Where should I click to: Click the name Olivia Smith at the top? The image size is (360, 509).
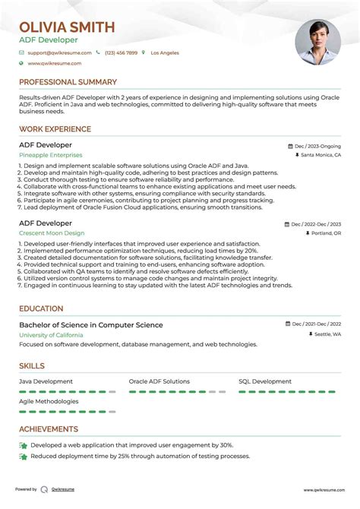point(67,27)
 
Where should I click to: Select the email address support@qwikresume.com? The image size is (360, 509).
point(59,52)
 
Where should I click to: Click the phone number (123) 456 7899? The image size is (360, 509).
point(121,52)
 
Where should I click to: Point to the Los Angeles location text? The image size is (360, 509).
point(165,52)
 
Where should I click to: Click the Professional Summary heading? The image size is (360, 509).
point(68,82)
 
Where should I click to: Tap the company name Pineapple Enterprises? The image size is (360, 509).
point(51,154)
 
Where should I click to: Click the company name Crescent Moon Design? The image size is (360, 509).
point(52,233)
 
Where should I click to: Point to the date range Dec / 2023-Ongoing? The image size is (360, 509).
point(317,145)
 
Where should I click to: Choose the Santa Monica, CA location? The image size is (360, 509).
point(321,154)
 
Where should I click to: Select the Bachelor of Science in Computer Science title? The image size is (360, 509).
point(90,325)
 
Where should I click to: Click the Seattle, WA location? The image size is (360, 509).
point(327,334)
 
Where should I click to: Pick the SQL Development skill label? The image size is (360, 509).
point(265,381)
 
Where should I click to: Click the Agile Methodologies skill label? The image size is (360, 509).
point(49,401)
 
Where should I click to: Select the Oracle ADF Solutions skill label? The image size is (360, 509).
point(159,381)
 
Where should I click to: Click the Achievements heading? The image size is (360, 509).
point(49,429)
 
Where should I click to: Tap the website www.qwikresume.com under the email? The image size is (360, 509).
point(55,64)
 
